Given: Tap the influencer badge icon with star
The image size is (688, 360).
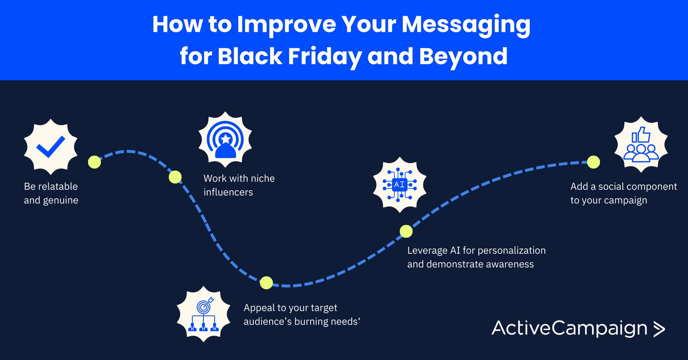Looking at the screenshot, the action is (225, 140).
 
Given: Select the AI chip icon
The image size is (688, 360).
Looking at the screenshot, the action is (399, 185).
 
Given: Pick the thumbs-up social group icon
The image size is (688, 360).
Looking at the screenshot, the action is (641, 145).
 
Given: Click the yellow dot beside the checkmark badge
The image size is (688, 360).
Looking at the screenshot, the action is (94, 162).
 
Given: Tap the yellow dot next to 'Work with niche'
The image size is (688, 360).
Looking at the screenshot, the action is (175, 177).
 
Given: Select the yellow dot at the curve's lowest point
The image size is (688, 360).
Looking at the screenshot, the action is (266, 283).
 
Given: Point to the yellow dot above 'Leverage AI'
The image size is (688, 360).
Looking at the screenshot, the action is (406, 231).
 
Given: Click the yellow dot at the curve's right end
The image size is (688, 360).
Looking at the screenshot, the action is (593, 162).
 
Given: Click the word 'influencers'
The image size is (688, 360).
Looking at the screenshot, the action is (228, 192).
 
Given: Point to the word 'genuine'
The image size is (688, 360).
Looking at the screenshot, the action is (61, 201).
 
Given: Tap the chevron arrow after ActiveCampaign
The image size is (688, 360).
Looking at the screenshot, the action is (658, 329).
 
